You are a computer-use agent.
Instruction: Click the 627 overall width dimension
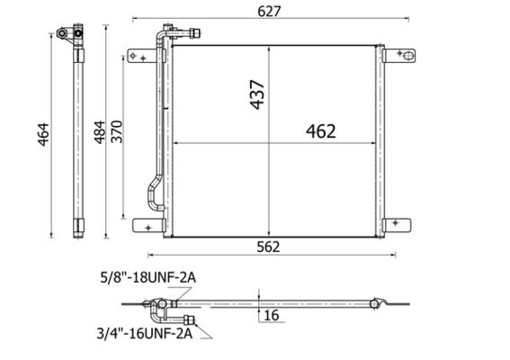[x=269, y=12]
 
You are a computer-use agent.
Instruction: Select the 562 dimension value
[x=268, y=247]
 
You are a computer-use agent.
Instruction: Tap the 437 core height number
[x=257, y=94]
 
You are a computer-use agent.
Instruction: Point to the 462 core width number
[x=321, y=131]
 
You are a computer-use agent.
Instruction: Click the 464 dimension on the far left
[x=43, y=134]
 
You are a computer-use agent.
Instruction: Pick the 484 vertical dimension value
[x=100, y=132]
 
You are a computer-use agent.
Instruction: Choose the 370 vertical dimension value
[x=117, y=131]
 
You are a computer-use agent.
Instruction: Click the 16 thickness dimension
[x=272, y=315]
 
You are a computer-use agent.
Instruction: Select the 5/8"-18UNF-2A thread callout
[x=148, y=277]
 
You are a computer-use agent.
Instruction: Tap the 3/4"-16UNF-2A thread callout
[x=145, y=334]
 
